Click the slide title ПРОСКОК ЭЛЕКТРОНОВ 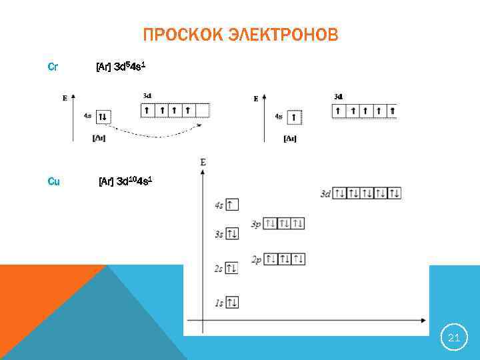tap(240, 35)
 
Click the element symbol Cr tap(53, 67)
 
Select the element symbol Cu tap(53, 181)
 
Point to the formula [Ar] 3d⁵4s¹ tap(120, 67)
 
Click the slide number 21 tap(454, 338)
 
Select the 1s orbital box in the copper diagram tap(232, 303)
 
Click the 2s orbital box tap(232, 268)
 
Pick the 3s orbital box tap(232, 233)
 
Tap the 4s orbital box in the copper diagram tap(232, 205)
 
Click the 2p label tap(256, 259)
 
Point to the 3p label tap(256, 224)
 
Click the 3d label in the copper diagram tap(325, 194)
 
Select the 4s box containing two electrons tap(102, 117)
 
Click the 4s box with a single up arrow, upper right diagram tap(295, 117)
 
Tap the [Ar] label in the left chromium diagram tap(99, 139)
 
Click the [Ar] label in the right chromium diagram tap(290, 139)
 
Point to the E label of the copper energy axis tap(203, 162)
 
